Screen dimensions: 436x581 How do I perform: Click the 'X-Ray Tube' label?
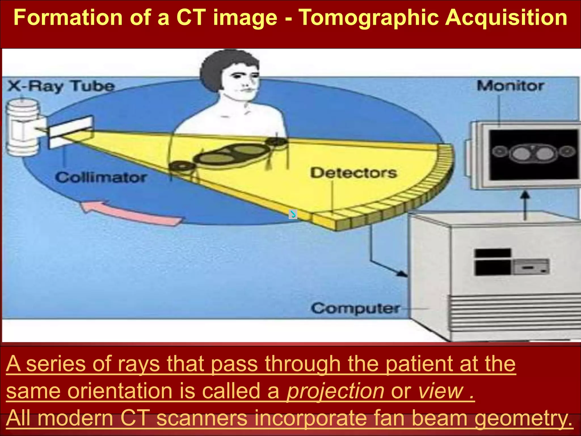(61, 86)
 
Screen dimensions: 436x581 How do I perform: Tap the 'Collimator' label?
(101, 178)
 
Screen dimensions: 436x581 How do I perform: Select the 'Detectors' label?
(353, 173)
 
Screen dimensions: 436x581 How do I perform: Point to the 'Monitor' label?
(510, 86)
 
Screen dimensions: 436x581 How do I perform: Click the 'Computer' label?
(355, 308)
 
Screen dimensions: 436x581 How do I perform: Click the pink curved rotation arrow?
(130, 213)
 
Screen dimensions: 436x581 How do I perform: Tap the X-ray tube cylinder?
(23, 128)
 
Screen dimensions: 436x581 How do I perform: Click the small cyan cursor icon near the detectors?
(293, 214)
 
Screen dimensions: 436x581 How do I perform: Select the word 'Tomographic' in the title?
(369, 18)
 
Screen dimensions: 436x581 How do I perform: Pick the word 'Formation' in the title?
(68, 18)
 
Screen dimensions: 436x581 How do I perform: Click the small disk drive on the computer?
(531, 267)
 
